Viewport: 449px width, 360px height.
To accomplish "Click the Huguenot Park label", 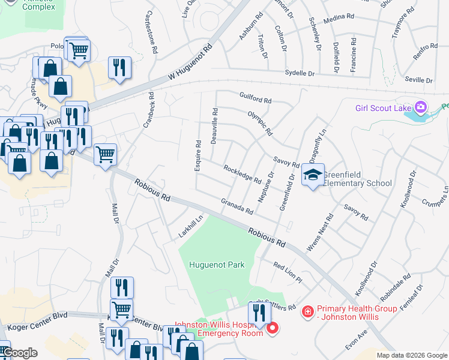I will (x=217, y=265).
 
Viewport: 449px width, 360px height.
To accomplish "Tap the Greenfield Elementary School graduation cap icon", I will (x=312, y=175).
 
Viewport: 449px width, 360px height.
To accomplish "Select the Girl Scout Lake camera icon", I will (x=421, y=108).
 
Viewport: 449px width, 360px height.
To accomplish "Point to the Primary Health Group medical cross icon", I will (x=307, y=312).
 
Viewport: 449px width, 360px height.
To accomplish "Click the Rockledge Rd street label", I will (x=242, y=175).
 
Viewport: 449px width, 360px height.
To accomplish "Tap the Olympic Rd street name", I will (x=261, y=122).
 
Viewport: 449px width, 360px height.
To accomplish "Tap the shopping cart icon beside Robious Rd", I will (x=105, y=154).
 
